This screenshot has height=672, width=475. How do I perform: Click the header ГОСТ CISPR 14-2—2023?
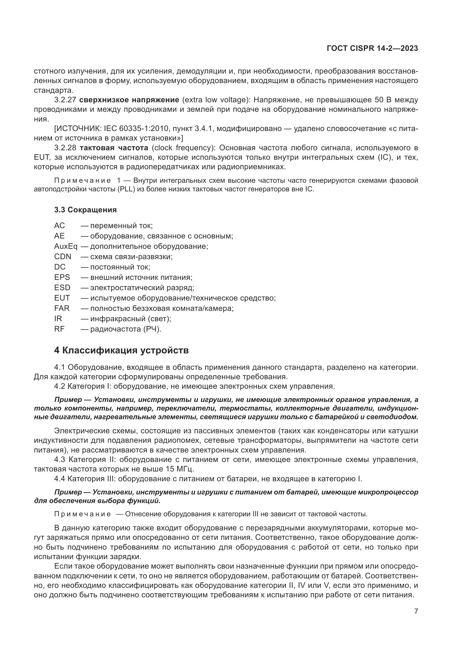coord(372,49)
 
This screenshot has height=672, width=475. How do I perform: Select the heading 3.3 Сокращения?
coord(85,209)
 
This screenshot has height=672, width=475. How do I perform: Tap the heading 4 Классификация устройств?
coord(121,350)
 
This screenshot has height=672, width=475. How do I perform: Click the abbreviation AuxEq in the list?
coord(65,247)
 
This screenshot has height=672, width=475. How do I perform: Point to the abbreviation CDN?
coord(63,257)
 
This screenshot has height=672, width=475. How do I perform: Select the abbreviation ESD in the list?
coord(62,288)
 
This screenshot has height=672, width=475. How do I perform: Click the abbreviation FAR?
coord(62,308)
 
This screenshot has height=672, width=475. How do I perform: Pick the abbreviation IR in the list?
coord(58,318)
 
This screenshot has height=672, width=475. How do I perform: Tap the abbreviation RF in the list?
coord(59,329)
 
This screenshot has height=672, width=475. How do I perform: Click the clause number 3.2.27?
coord(65,100)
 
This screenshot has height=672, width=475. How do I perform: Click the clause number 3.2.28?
coord(65,148)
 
